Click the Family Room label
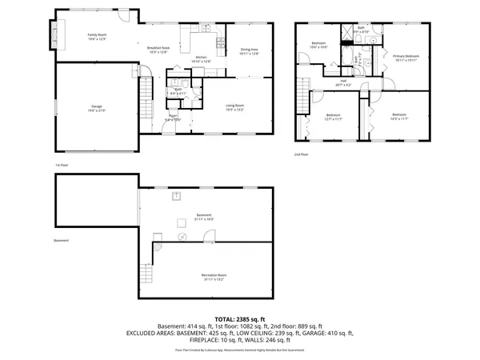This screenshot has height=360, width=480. tap(98, 37)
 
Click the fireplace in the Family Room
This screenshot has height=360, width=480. tap(56, 35)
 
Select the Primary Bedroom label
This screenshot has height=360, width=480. tap(406, 58)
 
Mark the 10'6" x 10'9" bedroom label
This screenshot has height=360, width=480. tap(318, 46)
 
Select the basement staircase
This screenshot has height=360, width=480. tap(145, 274)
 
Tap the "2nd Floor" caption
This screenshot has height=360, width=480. tap(301, 154)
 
